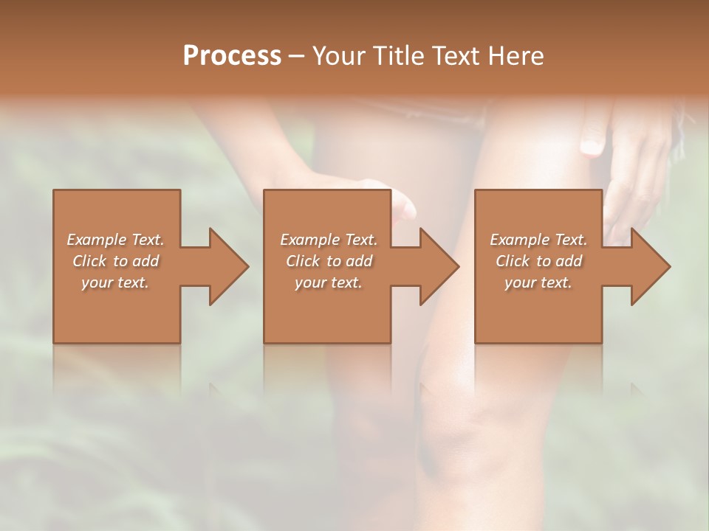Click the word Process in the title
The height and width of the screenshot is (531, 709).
[232, 56]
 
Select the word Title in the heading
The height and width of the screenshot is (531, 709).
[401, 56]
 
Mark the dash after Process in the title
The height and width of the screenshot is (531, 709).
[297, 57]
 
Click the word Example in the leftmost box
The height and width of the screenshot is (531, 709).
[96, 240]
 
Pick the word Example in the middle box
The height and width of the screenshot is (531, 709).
[309, 240]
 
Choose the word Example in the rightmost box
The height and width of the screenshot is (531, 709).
[518, 240]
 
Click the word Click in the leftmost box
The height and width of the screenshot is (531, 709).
[89, 261]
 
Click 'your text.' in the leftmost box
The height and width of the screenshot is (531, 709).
[115, 282]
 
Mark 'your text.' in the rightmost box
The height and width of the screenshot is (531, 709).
[538, 282]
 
